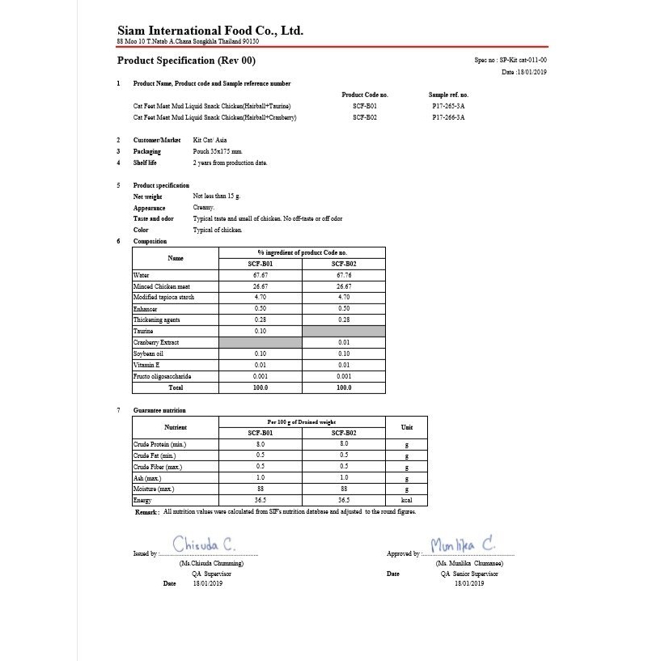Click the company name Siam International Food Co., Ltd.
(210, 31)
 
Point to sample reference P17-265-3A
(448, 106)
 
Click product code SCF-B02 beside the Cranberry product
(364, 117)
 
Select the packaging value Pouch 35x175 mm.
(218, 151)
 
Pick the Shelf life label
(145, 163)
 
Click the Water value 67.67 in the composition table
(260, 275)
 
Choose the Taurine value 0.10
(260, 331)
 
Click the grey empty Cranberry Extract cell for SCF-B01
(260, 342)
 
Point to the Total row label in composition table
(175, 388)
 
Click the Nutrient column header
(176, 427)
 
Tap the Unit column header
(406, 427)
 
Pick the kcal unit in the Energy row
(406, 500)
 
